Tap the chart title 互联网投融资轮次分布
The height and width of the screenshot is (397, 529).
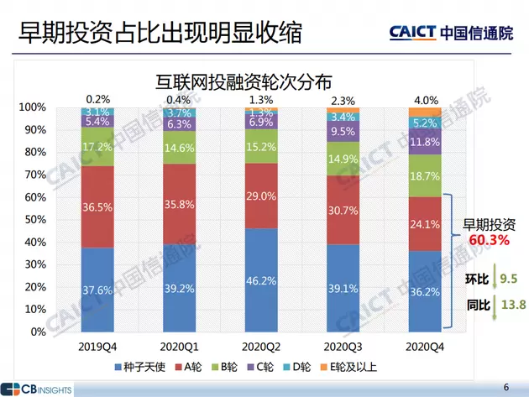click(244, 82)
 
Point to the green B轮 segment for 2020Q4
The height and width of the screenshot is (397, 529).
click(424, 176)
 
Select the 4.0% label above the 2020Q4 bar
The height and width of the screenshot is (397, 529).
click(425, 100)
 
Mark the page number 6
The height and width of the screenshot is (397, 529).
click(505, 387)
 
